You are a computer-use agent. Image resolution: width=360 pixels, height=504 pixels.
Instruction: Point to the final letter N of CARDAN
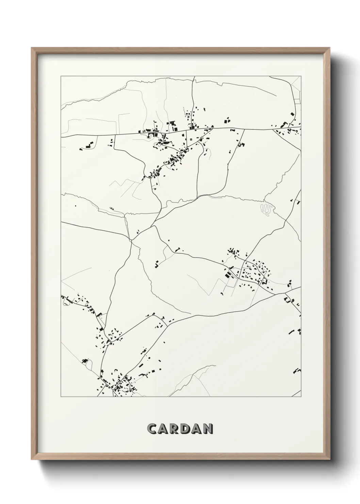point(208,429)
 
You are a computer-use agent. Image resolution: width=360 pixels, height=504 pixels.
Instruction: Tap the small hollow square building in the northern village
point(191,139)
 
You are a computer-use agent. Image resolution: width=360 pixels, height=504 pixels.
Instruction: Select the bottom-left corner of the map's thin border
point(61,397)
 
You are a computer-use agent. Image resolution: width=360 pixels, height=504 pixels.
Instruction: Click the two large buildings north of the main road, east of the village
point(226,120)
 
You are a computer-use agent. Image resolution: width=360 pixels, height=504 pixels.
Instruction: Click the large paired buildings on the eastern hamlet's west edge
point(227,273)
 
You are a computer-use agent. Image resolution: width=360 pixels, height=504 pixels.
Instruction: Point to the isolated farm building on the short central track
point(157,263)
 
